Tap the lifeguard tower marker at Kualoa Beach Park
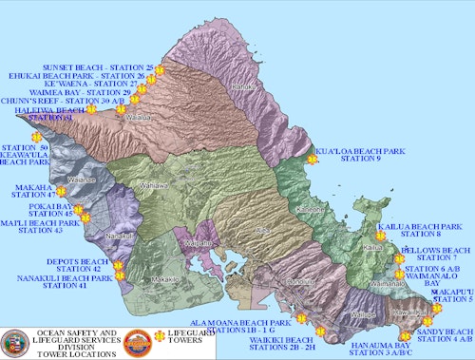[312, 160]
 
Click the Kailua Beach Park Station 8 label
[420, 229]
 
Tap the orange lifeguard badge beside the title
[139, 341]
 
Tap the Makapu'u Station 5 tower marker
[436, 308]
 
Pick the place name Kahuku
[243, 86]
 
